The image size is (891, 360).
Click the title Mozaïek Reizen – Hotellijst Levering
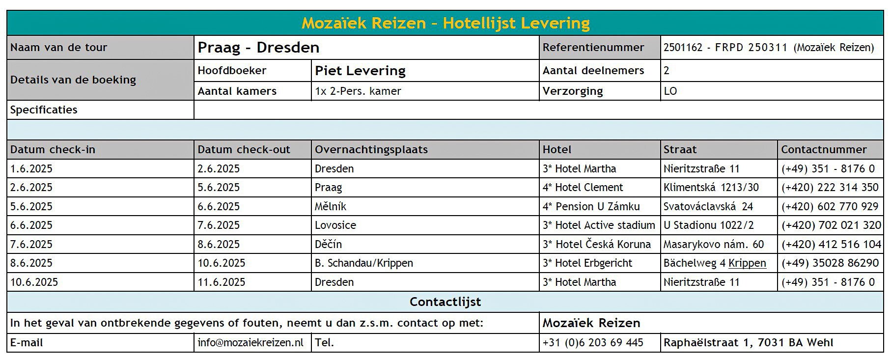(x=445, y=23)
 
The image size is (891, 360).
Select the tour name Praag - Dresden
(x=258, y=48)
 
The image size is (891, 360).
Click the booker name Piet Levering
(x=360, y=71)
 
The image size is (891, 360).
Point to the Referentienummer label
(x=593, y=48)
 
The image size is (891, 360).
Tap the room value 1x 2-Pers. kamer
(x=358, y=91)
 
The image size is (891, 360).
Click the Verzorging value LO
(x=670, y=91)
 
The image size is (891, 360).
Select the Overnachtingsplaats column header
(x=371, y=150)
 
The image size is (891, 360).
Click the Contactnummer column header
(x=824, y=150)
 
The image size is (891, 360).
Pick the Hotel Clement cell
(x=583, y=188)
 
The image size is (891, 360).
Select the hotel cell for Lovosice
(x=599, y=225)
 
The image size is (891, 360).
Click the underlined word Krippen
(x=747, y=263)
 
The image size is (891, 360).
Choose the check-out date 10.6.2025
(x=221, y=263)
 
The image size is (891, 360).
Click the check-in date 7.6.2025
(x=31, y=245)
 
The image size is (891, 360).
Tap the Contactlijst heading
(x=445, y=302)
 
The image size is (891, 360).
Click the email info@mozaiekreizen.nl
(x=251, y=343)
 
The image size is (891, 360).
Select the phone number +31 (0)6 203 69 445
(x=593, y=343)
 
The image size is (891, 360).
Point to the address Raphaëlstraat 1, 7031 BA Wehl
(x=748, y=343)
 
